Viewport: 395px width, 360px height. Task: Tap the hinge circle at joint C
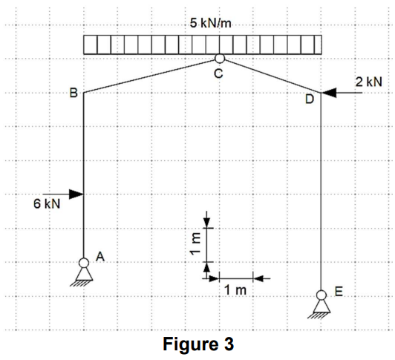[x=218, y=59]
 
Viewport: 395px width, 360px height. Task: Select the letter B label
[x=73, y=93]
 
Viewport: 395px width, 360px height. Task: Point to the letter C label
[x=218, y=73]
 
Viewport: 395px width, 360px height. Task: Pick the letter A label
[x=99, y=256]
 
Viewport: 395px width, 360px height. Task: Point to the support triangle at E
[x=320, y=307]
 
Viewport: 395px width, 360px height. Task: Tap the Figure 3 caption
[x=197, y=344]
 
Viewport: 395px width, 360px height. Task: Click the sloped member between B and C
[x=148, y=76]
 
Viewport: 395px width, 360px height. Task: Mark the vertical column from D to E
[x=320, y=193]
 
